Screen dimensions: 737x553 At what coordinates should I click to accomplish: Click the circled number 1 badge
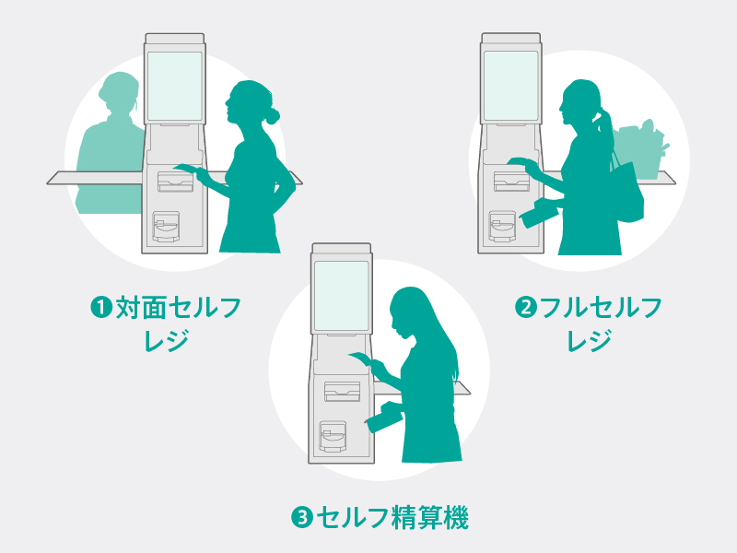click(101, 307)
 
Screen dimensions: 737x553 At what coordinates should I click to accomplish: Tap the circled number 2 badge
click(526, 307)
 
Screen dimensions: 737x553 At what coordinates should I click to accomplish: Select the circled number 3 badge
click(302, 518)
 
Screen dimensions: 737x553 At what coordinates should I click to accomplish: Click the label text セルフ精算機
click(392, 518)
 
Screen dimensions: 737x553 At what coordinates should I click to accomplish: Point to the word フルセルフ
click(602, 308)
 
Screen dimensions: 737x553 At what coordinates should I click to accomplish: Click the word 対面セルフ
click(178, 308)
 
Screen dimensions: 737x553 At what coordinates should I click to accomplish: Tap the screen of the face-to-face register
click(174, 86)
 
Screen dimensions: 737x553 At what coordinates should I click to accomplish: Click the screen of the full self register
click(510, 86)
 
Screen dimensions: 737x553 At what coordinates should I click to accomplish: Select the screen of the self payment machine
click(342, 296)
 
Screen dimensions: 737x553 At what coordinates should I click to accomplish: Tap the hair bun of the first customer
click(272, 116)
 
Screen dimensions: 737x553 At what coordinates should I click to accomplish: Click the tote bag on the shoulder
click(628, 191)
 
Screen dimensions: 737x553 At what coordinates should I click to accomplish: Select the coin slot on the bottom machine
click(333, 436)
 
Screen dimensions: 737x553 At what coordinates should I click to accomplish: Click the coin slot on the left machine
click(166, 227)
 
